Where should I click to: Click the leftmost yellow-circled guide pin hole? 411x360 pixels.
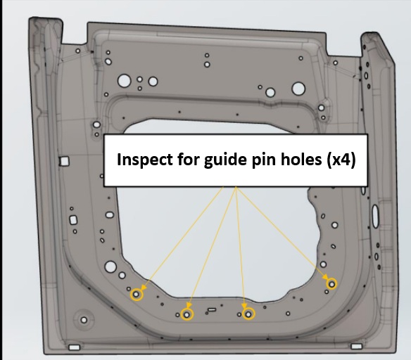pyautogui.click(x=137, y=295)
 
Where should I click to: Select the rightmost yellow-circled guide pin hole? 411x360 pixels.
pyautogui.click(x=331, y=284)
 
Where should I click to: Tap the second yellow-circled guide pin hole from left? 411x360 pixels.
pyautogui.click(x=186, y=314)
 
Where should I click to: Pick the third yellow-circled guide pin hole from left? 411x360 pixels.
pyautogui.click(x=248, y=314)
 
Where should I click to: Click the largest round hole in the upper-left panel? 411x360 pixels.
pyautogui.click(x=125, y=81)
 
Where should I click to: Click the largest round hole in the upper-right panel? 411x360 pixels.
pyautogui.click(x=298, y=89)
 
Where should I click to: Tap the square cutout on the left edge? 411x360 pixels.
pyautogui.click(x=64, y=161)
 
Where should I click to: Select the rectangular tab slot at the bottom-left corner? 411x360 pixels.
pyautogui.click(x=74, y=347)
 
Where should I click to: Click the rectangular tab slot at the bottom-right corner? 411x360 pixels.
pyautogui.click(x=357, y=347)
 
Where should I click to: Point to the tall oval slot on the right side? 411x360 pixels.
pyautogui.click(x=375, y=216)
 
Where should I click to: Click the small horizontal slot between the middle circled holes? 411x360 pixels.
pyautogui.click(x=212, y=310)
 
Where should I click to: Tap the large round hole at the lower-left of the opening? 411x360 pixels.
pyautogui.click(x=110, y=266)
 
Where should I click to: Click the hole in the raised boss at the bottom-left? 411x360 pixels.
pyautogui.click(x=84, y=320)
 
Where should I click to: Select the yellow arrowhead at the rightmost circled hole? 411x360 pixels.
pyautogui.click(x=326, y=278)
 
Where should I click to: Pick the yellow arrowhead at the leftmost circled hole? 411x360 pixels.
pyautogui.click(x=144, y=287)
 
